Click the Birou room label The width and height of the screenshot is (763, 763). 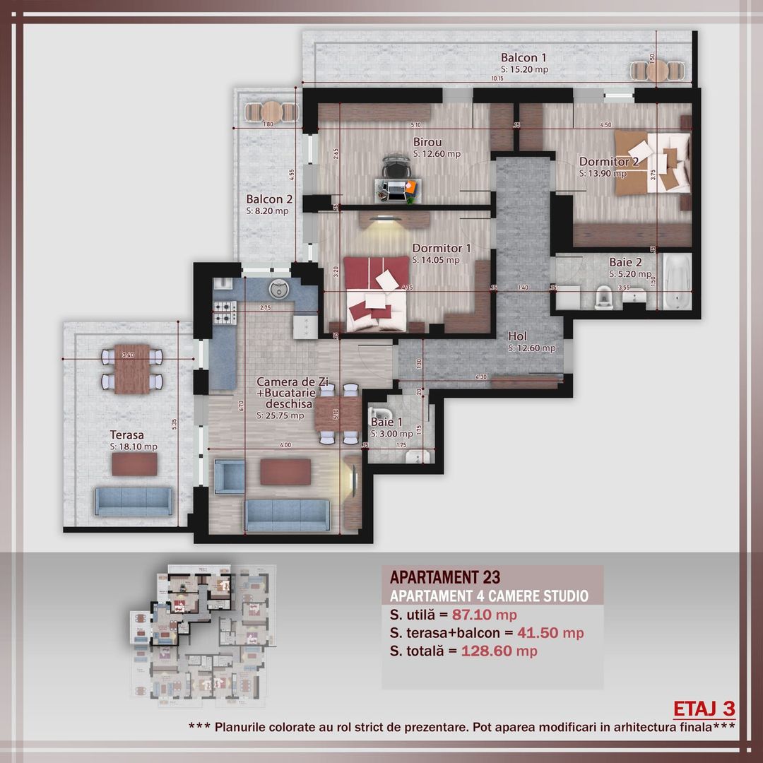coord(427,142)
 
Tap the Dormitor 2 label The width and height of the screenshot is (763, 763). coord(608,161)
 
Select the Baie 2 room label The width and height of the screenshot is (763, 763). coord(625,263)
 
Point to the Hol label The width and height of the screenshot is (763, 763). coord(521,336)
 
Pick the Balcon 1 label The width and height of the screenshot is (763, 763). coord(524,57)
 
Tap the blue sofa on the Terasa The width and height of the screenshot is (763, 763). coord(133,501)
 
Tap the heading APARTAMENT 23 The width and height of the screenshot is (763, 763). coord(445,579)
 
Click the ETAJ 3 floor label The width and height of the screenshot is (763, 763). coord(704,709)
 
